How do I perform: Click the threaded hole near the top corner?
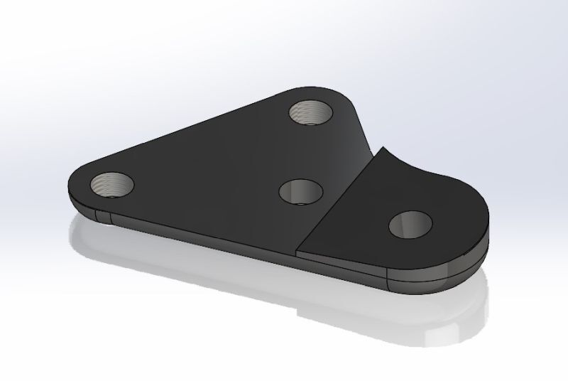click(312, 111)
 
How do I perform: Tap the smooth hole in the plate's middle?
click(300, 191)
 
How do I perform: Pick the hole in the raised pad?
click(413, 225)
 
